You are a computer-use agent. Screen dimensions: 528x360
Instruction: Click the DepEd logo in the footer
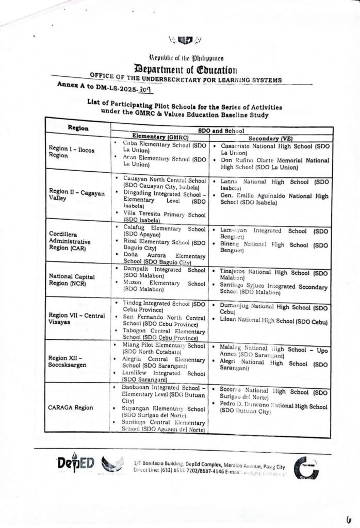[x=76, y=463]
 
